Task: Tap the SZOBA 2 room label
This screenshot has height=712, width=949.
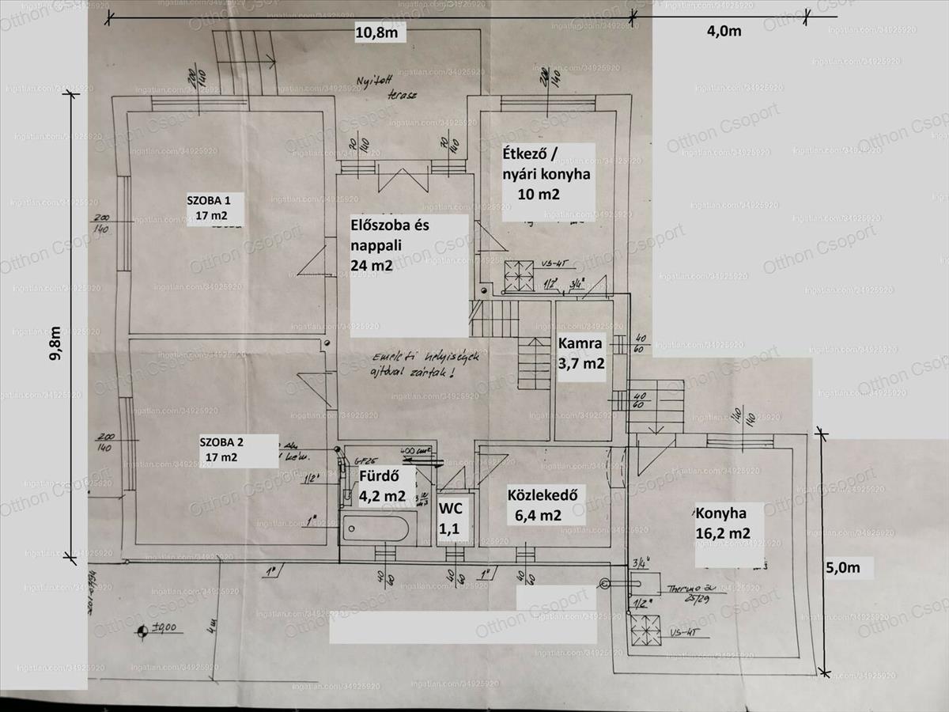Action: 221,449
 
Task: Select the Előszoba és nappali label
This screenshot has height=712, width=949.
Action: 389,245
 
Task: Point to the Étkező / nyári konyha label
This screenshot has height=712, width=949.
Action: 546,172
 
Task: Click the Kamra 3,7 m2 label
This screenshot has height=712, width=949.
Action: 581,354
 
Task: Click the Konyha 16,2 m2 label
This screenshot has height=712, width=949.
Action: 724,522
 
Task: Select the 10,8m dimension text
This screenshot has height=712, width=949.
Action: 380,32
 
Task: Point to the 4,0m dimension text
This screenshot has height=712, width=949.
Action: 723,31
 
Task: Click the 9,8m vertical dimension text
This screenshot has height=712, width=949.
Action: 55,345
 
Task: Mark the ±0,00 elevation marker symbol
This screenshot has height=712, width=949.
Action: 142,631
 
